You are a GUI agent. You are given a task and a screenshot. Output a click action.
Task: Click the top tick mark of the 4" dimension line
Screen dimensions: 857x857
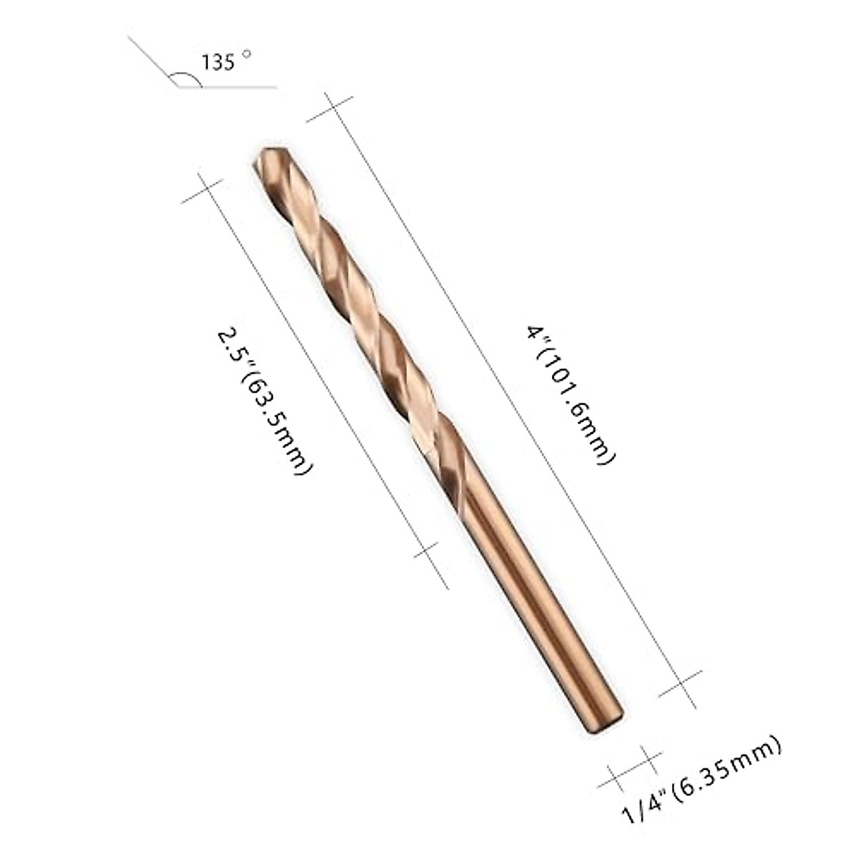coord(330,108)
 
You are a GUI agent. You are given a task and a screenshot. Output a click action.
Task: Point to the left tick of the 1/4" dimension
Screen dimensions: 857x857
coord(614,779)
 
